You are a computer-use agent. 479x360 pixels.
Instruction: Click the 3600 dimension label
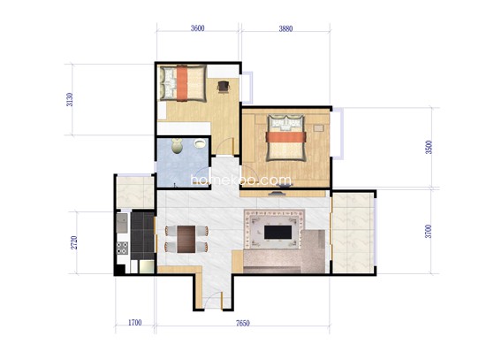coord(197,28)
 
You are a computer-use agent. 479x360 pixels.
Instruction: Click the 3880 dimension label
coord(285,29)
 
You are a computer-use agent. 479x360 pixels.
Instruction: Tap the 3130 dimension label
coord(70,99)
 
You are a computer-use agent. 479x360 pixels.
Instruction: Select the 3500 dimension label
coord(430,147)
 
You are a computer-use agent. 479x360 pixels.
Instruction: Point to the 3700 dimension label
coord(429,231)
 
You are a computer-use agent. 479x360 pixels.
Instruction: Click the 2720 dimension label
coord(74,242)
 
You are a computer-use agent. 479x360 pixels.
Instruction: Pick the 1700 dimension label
coord(134,323)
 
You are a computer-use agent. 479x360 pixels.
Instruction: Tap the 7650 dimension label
coord(243,324)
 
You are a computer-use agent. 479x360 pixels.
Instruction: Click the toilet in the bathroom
coord(177,146)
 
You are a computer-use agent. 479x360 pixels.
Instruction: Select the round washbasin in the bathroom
coord(200,143)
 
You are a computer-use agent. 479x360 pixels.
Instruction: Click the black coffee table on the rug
coord(278,232)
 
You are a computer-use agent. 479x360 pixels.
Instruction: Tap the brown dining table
coord(186,239)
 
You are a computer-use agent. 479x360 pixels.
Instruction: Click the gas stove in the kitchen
coord(123,248)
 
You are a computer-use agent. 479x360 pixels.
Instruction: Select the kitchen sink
coord(122,223)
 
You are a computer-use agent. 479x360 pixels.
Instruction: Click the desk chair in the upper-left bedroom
coord(224,87)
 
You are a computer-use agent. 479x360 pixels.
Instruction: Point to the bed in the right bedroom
coord(286,138)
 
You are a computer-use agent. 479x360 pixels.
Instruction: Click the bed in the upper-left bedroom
coord(182,83)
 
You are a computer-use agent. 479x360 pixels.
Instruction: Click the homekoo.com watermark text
coord(241,180)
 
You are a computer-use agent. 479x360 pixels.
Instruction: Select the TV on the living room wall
coord(278,194)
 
